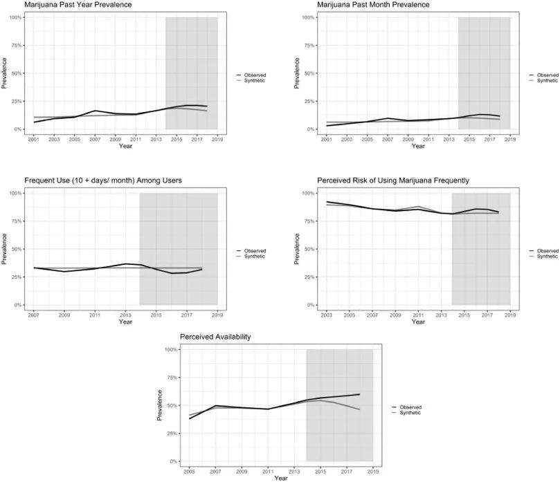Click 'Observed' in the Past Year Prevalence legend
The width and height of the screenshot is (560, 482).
255,75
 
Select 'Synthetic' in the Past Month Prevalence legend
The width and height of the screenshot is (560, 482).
548,81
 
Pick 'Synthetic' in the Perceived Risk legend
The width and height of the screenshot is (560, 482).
548,257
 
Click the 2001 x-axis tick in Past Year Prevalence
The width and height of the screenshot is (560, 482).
34,139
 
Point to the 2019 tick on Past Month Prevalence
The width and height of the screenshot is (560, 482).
510,139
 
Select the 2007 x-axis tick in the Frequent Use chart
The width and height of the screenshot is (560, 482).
34,315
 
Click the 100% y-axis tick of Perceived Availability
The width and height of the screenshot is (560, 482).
170,350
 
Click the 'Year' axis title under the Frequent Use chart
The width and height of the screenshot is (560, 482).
125,322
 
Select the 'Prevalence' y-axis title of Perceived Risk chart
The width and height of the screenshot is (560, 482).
298,249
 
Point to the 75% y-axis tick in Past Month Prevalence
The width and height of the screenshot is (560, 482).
309,46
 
